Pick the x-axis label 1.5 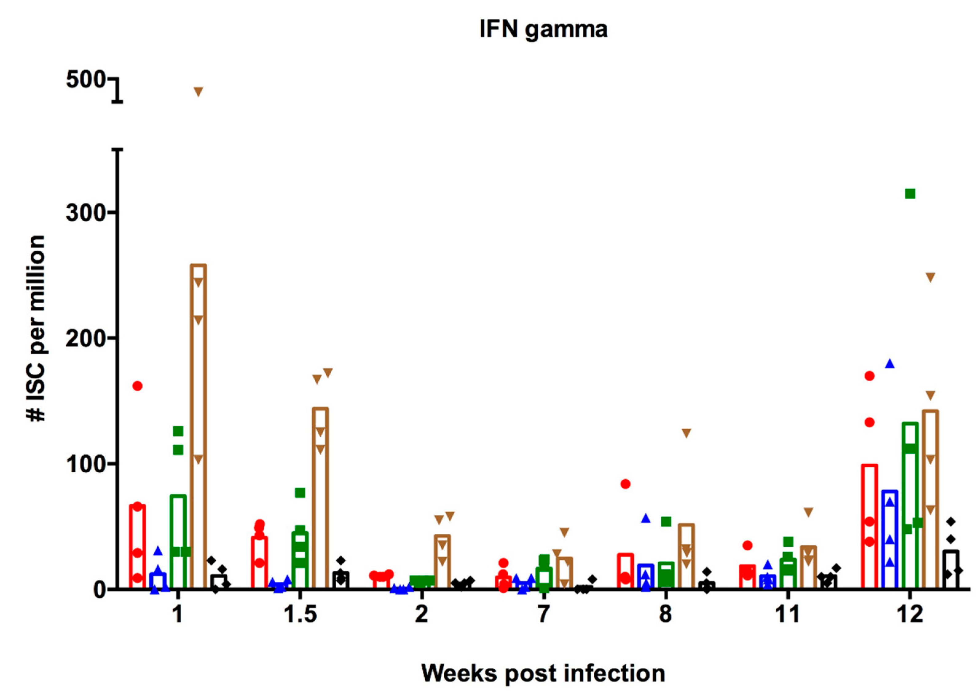point(300,614)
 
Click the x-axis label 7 point(544,614)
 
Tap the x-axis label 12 point(910,614)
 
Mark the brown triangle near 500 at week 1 point(198,91)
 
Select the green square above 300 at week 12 point(910,194)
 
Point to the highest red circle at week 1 point(137,386)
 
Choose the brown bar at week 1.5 point(320,498)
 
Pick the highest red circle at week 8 point(625,484)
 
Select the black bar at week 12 point(950,569)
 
